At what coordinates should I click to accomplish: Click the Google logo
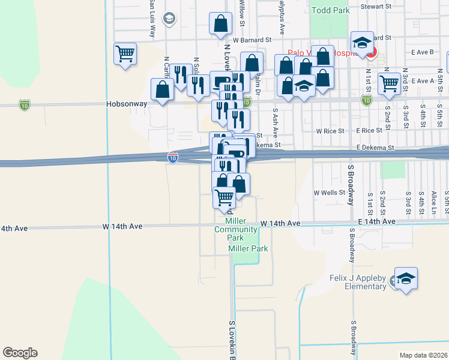[20, 353]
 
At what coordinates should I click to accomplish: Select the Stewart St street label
[376, 7]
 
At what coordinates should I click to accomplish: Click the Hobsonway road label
[127, 103]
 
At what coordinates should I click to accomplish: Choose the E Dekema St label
[375, 147]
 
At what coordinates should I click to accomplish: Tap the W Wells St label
[330, 193]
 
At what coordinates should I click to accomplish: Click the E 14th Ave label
[377, 222]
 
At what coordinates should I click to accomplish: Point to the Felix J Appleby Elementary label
[358, 282]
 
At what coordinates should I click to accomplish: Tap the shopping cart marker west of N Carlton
[125, 53]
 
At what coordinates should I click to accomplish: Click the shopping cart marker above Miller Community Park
[224, 197]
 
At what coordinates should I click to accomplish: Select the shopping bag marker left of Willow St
[221, 24]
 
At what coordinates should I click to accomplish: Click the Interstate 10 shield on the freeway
[173, 157]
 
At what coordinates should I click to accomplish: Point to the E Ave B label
[423, 52]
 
